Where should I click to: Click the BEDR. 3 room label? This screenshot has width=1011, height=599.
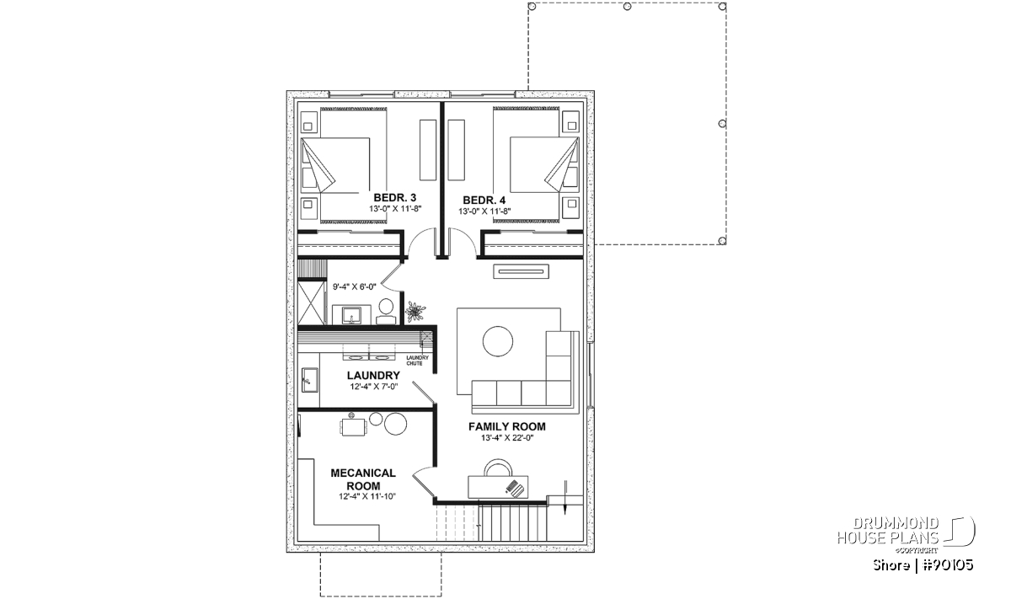tap(394, 198)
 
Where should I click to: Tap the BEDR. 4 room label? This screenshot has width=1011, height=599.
tap(484, 200)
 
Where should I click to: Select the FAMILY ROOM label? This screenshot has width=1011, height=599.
tap(506, 426)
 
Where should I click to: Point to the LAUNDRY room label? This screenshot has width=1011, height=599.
tap(373, 375)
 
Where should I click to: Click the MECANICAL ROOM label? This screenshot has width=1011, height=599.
tap(363, 479)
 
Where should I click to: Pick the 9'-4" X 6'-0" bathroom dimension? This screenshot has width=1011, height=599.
tap(355, 286)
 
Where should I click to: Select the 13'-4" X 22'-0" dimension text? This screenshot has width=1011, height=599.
tap(507, 438)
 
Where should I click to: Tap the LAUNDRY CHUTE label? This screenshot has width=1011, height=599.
tap(417, 361)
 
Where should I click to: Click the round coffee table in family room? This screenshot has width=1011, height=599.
tap(497, 341)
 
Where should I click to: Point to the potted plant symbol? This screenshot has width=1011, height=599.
tap(415, 312)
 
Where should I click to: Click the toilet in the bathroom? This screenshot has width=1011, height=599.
tap(386, 312)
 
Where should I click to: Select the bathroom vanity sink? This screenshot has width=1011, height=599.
tap(351, 315)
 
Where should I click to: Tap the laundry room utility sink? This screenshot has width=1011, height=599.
tap(309, 380)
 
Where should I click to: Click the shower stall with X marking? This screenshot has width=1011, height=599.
tap(311, 302)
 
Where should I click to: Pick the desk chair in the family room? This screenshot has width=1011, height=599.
tap(498, 468)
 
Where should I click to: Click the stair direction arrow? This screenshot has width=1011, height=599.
tap(564, 497)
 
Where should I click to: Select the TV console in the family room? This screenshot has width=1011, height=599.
tap(521, 271)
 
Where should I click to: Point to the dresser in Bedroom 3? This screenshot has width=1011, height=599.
tap(428, 150)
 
